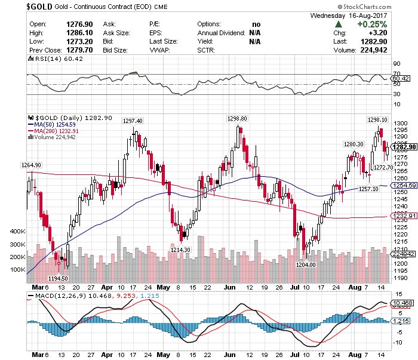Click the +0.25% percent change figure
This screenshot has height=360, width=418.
[372, 24]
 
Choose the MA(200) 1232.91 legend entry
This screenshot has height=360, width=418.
[57, 131]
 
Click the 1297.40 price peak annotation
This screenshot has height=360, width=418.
[133, 121]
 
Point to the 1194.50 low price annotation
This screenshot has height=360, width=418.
[57, 278]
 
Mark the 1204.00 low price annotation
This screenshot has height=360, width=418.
[305, 264]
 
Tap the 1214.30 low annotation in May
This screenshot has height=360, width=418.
[180, 250]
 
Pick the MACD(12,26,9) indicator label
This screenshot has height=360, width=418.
[56, 295]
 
